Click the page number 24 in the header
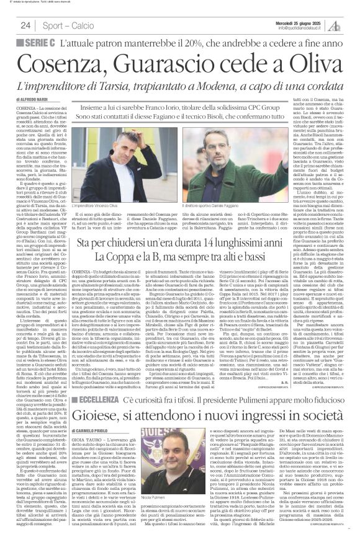pyautogui.click(x=25, y=25)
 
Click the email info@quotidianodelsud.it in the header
pyautogui.click(x=304, y=28)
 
